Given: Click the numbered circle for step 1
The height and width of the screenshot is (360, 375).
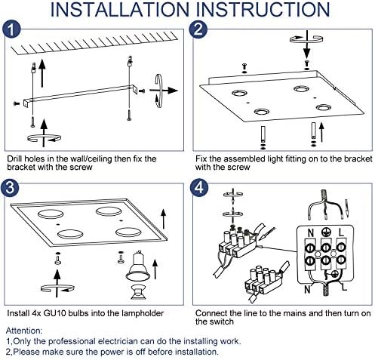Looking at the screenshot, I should pyautogui.click(x=14, y=30).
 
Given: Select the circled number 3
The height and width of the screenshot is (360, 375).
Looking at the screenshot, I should pyautogui.click(x=14, y=189).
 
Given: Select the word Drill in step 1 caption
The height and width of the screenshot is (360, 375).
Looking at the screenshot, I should pyautogui.click(x=16, y=159).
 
